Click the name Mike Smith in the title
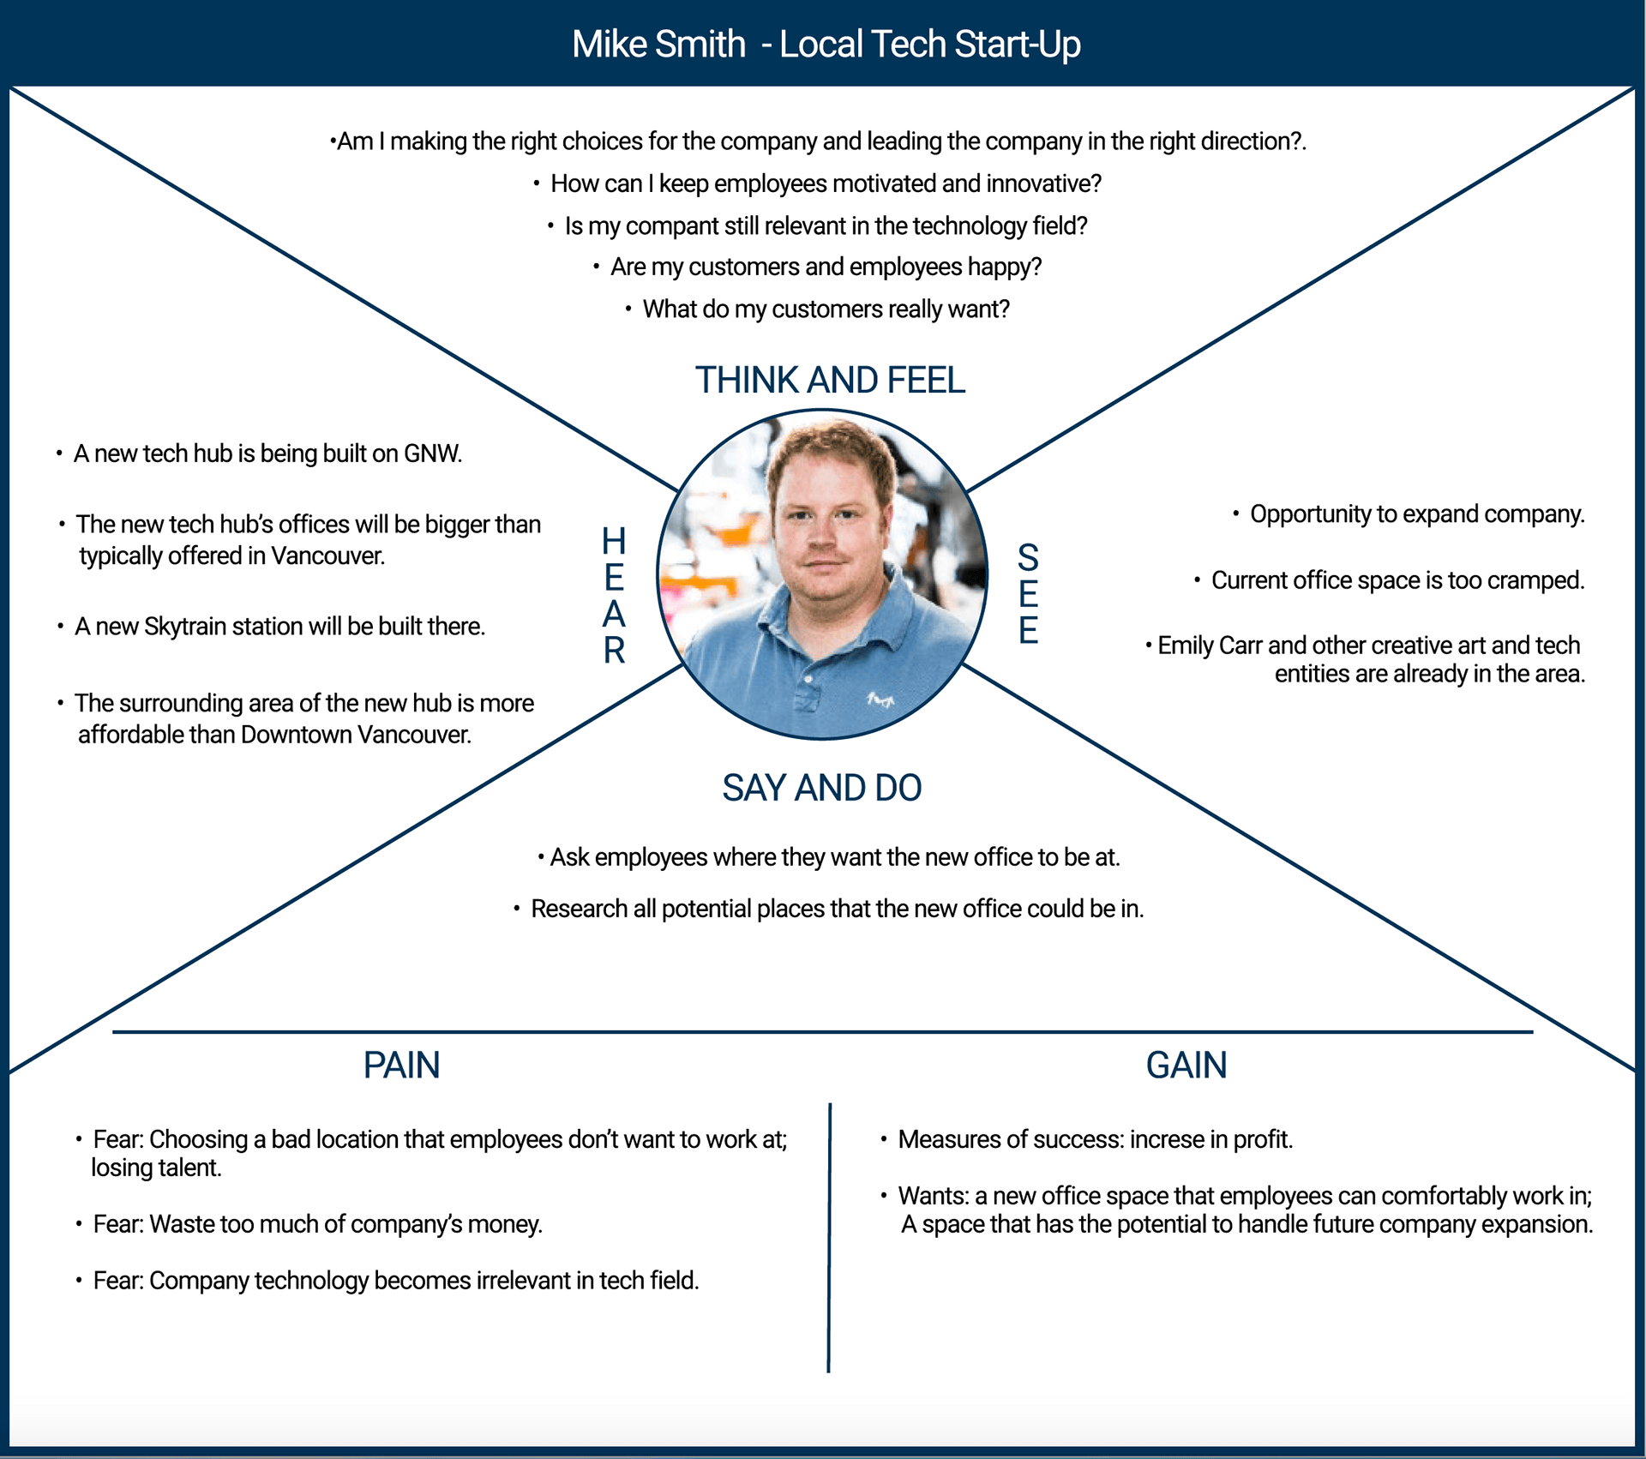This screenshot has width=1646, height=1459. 658,45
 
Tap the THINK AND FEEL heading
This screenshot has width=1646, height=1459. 830,380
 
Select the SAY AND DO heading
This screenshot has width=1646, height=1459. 821,788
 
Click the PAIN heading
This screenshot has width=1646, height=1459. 401,1066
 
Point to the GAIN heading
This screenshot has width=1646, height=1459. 1186,1066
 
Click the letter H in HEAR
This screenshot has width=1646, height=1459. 614,542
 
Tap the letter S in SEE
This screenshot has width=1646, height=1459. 1028,558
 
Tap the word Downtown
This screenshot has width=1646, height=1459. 295,735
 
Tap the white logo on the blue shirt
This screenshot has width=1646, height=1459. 880,699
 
